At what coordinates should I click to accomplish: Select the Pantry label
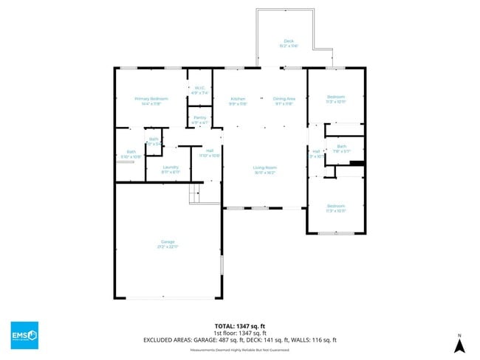[199, 120]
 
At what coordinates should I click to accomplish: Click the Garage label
[168, 243]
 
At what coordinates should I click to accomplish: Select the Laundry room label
[171, 169]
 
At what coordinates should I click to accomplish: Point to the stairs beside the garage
[195, 193]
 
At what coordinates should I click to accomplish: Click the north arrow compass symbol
[459, 344]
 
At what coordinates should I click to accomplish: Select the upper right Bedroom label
[335, 98]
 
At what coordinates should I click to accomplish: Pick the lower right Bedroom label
[335, 207]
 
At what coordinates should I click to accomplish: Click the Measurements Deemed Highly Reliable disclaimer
[239, 351]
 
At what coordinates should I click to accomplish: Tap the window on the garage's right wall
[221, 266]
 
